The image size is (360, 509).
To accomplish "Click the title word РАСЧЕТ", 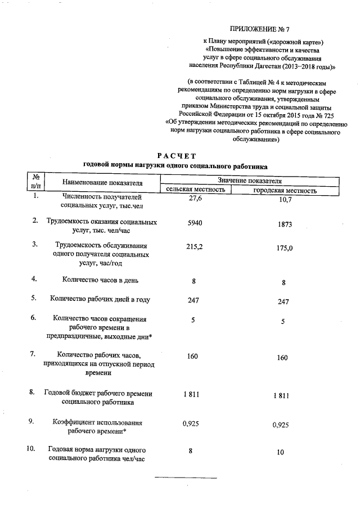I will pos(175,155).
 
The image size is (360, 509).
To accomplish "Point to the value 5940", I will pos(194,223).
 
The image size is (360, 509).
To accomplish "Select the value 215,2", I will pos(194,246).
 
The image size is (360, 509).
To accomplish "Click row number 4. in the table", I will pos(34,279).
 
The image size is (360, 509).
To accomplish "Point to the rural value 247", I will pos(194,300).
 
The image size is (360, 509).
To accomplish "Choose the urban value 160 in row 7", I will pos(282,358).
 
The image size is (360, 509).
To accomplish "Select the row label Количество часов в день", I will pos(100,280).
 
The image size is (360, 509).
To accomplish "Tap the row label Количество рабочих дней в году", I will pos(100,299).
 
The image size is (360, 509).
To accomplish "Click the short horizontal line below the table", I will pos(186,478).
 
